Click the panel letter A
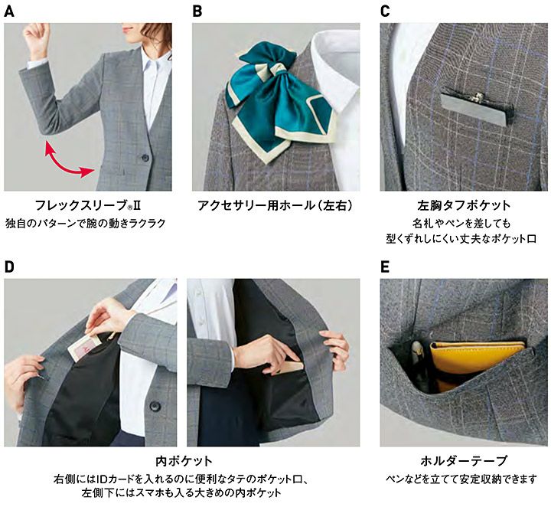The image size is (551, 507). (x=8, y=11)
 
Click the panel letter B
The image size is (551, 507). (x=197, y=11)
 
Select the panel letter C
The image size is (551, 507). (x=385, y=11)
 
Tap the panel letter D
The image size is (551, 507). (x=8, y=267)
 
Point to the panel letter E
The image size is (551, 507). (x=385, y=267)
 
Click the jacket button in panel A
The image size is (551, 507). (x=145, y=157)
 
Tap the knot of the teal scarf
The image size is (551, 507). (x=278, y=70)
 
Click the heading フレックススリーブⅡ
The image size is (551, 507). (x=88, y=205)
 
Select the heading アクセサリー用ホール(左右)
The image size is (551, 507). (x=275, y=205)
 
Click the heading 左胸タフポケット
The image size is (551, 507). (x=464, y=205)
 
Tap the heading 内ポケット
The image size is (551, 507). (x=184, y=460)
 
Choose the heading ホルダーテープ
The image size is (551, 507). (x=464, y=460)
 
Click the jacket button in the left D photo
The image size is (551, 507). (x=155, y=406)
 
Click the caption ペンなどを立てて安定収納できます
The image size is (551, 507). (x=461, y=479)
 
